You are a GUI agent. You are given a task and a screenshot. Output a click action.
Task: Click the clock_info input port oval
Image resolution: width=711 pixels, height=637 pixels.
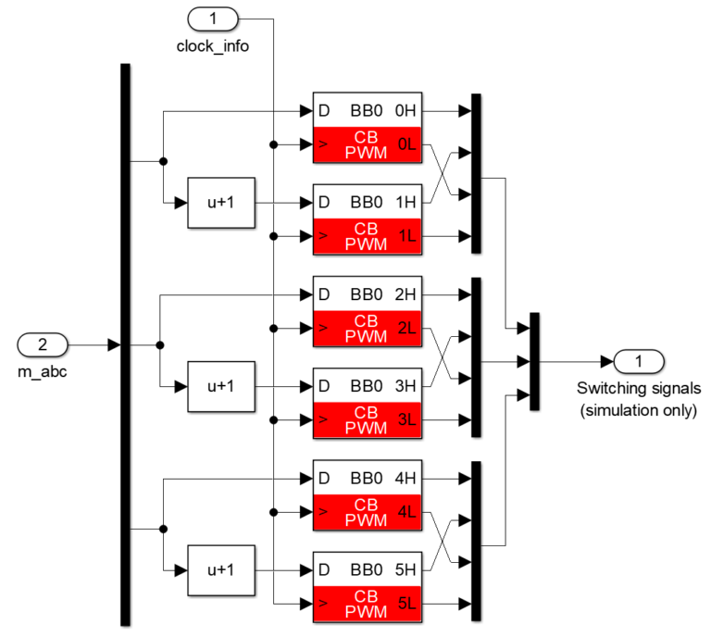coord(213,18)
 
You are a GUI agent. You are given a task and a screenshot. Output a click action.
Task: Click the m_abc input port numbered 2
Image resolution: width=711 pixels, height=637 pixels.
coord(43,345)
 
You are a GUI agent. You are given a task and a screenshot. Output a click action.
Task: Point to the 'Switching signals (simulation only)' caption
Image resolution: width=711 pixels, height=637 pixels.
coord(637,399)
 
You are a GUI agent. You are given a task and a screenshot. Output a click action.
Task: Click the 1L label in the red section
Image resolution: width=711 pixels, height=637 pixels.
coord(407,238)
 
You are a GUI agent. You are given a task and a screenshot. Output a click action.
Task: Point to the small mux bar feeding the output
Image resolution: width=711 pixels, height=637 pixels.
coord(534,361)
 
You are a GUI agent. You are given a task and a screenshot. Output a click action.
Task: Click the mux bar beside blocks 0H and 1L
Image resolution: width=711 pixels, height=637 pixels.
coord(476,173)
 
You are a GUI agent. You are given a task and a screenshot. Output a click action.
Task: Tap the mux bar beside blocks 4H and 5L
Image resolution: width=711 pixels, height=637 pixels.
coord(476,541)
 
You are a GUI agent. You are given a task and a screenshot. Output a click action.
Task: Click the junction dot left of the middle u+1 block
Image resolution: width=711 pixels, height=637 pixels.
coord(160,345)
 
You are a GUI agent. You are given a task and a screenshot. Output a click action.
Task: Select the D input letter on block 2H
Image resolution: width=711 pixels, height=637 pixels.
coord(324,295)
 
